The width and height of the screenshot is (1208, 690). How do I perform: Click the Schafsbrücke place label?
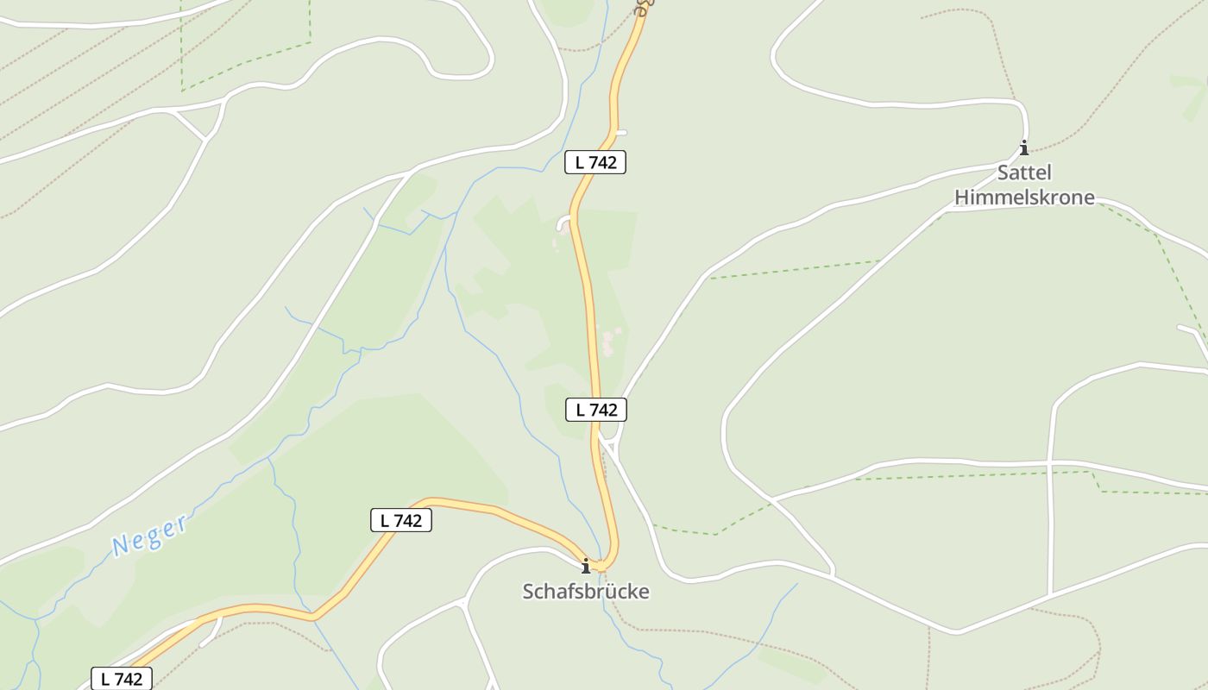(585, 592)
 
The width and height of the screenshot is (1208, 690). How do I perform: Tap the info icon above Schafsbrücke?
(586, 566)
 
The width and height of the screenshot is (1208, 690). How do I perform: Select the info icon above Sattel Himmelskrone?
(1023, 147)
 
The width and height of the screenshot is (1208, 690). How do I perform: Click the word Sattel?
(1024, 172)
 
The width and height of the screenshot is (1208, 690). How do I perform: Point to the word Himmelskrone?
(1024, 198)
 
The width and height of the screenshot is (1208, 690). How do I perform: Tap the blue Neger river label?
(149, 534)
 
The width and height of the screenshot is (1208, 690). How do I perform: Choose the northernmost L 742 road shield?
(595, 161)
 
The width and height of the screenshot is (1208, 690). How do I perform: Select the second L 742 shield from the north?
(595, 410)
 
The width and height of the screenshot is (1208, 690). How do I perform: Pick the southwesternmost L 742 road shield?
(122, 678)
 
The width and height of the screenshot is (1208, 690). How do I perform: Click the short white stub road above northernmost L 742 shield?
(619, 133)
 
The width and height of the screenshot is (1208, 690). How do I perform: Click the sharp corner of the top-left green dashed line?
(310, 41)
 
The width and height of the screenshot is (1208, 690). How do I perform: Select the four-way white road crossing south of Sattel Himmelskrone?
(1051, 465)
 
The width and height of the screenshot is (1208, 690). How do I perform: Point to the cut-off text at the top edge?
(643, 7)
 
